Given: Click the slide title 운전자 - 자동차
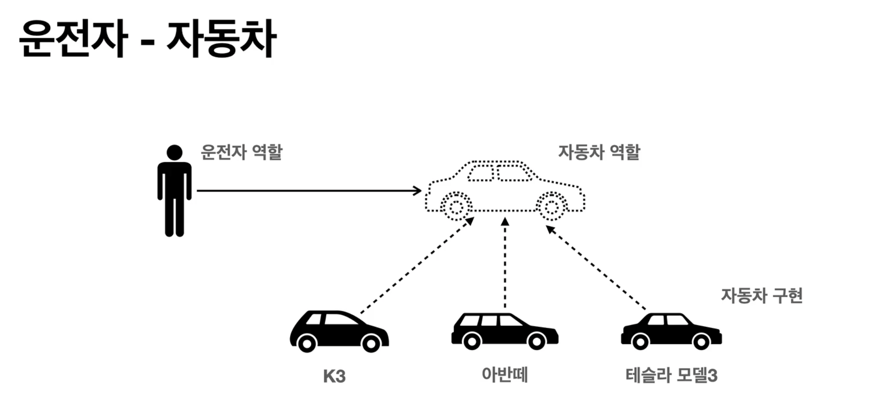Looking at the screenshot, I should (148, 39).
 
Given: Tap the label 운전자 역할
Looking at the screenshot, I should (241, 153).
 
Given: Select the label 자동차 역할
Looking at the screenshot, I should (599, 153).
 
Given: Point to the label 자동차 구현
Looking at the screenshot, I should (762, 296).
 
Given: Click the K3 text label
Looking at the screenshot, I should (334, 376).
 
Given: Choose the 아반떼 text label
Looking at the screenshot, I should (505, 375).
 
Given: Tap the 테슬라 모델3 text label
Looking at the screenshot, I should (671, 376).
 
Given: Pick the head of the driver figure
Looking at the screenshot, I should (174, 153).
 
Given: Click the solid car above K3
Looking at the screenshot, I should (339, 332).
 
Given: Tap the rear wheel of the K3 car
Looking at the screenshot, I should (306, 343).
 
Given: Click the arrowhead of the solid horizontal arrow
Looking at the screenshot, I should (417, 191).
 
